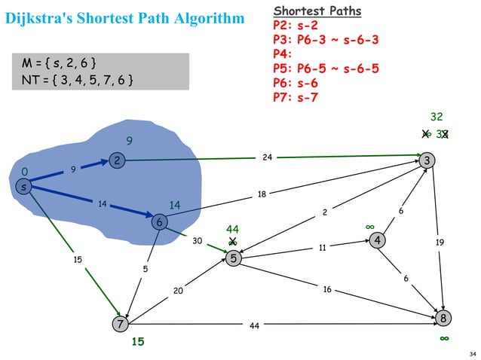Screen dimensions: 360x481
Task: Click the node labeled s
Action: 24,187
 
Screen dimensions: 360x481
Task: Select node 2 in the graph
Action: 117,160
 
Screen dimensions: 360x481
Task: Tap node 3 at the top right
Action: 428,160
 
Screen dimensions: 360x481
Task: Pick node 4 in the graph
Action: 376,240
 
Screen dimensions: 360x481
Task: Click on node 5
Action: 234,258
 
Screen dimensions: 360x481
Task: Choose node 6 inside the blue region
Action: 159,222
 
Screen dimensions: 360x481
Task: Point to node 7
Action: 119,325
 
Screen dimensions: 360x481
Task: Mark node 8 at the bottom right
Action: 444,319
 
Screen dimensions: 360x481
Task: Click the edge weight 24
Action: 267,157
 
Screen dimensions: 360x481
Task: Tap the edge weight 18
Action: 262,194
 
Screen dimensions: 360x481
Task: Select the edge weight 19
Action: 440,243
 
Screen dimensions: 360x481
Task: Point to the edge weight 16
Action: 327,289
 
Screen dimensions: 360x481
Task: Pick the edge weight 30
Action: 197,241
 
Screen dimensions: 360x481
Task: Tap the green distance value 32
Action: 437,117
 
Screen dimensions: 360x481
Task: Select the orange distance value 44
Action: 232,228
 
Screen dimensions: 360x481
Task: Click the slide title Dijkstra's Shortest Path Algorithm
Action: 125,17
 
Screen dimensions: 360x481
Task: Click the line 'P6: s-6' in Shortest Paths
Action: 299,83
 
